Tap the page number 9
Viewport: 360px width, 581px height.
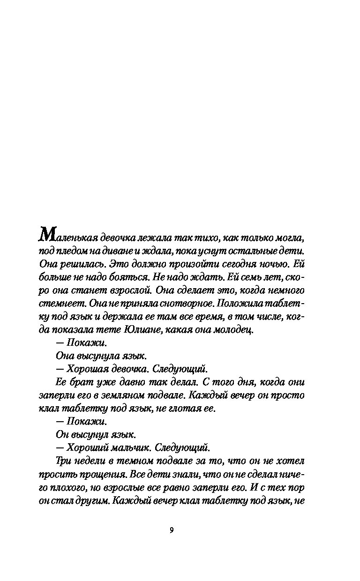pos(171,530)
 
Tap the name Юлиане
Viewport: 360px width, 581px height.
pos(143,330)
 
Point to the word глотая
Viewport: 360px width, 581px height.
pos(180,409)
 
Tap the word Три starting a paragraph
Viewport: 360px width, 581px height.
pos(62,461)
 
